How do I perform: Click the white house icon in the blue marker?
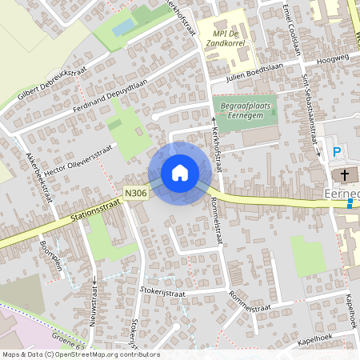tap(180, 173)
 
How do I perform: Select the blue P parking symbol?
tap(337, 151)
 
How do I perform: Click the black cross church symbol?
tap(346, 174)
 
